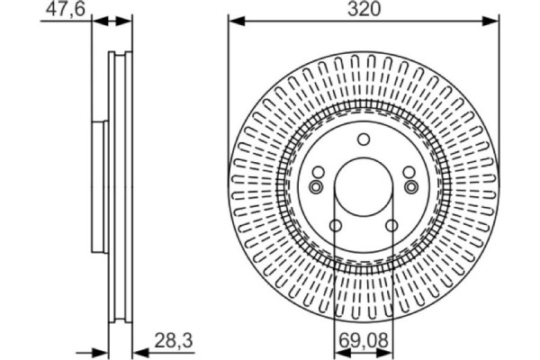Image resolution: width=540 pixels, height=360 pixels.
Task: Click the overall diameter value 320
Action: click(x=363, y=10)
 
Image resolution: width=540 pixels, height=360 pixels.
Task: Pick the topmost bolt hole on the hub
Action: click(x=364, y=139)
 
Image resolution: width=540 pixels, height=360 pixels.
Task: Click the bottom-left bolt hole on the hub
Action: click(x=335, y=226)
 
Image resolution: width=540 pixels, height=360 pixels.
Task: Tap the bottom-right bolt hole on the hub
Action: click(x=392, y=226)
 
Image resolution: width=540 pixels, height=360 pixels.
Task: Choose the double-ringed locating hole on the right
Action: click(x=410, y=186)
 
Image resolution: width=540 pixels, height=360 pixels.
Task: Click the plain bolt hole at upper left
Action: click(x=318, y=173)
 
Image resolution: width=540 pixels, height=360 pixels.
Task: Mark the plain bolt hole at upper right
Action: click(x=409, y=173)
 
